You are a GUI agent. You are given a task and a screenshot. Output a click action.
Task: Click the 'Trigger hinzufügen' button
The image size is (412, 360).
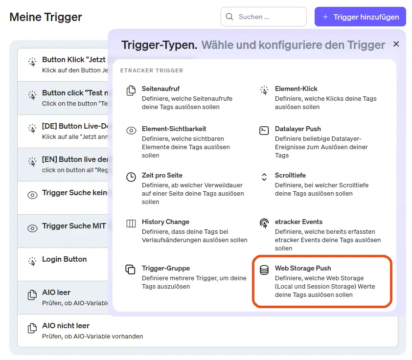coord(360,17)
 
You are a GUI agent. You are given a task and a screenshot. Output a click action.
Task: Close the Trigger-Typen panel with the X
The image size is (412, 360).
coord(396,44)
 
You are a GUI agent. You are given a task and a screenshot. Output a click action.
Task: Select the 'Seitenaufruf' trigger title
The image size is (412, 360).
coord(160,89)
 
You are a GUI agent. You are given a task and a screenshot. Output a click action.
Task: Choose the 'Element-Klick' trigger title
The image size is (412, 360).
coord(296,89)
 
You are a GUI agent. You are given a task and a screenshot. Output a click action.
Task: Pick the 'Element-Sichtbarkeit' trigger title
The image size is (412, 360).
coord(174,129)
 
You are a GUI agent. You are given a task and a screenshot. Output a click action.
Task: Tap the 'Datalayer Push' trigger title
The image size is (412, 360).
coord(298,129)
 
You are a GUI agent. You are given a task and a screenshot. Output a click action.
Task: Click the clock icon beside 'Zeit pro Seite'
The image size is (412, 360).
coord(131,177)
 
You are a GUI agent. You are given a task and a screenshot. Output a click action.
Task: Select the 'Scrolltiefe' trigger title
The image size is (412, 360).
coord(290,175)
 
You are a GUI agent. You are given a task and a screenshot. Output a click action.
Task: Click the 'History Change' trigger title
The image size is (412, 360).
coord(165,222)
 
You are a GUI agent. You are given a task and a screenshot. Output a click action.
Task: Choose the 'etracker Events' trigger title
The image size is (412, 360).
coord(298,222)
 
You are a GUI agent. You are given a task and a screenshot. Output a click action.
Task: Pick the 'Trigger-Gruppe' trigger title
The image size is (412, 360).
coord(165,268)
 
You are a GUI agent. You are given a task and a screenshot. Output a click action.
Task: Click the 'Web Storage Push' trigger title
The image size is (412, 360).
coord(302,268)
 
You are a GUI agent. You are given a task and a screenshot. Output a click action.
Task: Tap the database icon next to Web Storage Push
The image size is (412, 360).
coord(264,270)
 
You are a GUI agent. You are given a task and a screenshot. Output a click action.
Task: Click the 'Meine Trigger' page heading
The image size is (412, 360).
coord(46,17)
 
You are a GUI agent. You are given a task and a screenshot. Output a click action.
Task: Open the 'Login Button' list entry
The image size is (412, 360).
coord(64,259)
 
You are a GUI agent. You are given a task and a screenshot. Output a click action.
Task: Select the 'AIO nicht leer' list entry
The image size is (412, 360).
coord(66,326)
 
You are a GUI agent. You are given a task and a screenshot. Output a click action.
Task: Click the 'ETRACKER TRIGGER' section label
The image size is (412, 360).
coord(152,70)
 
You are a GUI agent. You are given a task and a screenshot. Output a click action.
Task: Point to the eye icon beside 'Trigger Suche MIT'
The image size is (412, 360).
coord(32,228)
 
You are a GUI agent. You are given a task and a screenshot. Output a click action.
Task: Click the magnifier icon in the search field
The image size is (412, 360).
coord(229,17)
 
